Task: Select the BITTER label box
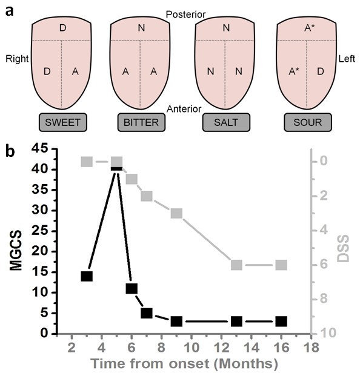point(140,122)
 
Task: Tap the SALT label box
point(225,122)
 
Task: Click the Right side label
point(17,59)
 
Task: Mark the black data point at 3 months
point(87,276)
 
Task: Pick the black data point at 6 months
point(132,288)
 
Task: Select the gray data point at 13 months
point(237,265)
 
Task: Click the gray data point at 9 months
point(176,213)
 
